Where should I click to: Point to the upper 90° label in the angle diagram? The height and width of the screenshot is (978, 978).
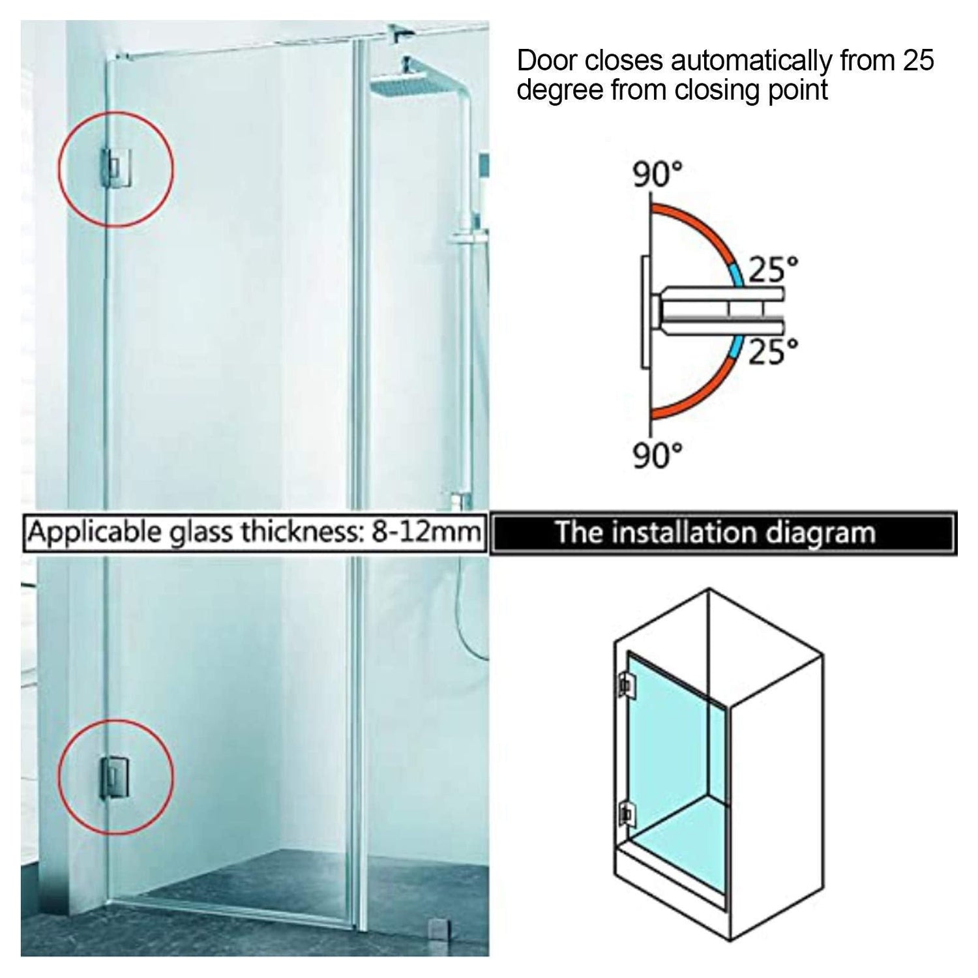point(658,175)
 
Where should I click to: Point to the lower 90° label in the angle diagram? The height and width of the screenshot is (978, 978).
point(658,454)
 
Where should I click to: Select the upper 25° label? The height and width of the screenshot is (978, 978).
point(773,269)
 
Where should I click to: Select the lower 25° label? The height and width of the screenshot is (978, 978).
point(773,351)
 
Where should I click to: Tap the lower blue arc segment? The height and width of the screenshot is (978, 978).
point(737,348)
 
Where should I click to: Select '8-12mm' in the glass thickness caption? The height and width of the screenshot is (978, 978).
point(426,532)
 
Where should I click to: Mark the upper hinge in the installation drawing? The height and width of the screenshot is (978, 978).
point(626,683)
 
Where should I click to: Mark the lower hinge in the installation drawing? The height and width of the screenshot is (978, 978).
point(626,813)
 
